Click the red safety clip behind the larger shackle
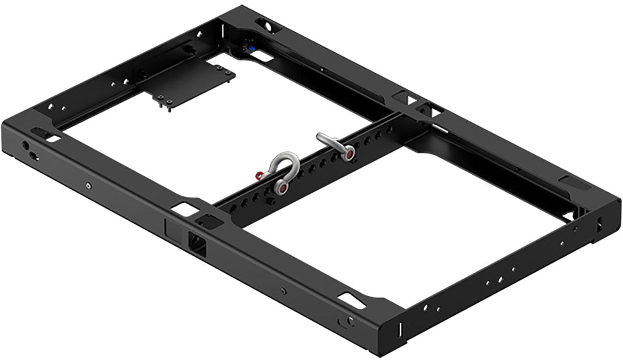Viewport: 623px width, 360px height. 259,175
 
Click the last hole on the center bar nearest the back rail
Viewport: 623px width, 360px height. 389,129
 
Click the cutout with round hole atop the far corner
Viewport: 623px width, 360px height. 266,25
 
